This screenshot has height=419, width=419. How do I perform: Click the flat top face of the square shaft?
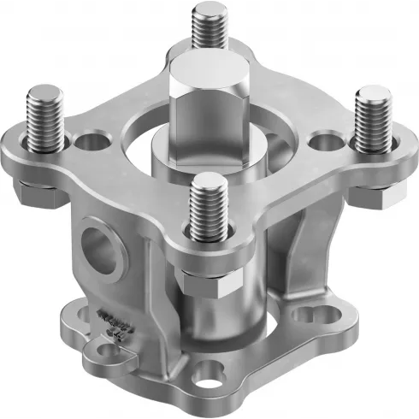coord(205,70)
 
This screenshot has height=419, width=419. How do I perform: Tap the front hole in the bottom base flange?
coord(206,373)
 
